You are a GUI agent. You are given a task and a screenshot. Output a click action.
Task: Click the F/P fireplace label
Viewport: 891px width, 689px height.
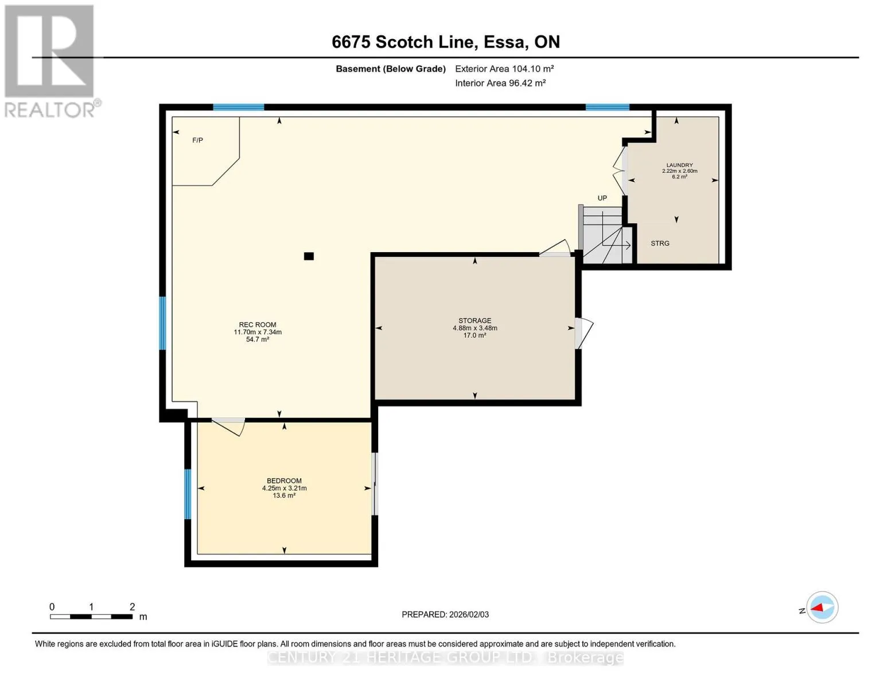point(197,140)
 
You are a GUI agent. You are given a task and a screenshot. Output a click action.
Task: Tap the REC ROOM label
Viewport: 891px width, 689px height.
point(258,324)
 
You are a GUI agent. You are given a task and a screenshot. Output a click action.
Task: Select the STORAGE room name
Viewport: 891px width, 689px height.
point(475,320)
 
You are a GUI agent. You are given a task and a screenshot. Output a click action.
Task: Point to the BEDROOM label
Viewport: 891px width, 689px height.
point(284,481)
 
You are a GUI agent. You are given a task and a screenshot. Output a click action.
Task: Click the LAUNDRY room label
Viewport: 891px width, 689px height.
point(679,165)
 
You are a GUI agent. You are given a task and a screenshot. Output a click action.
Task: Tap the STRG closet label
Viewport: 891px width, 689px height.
point(660,243)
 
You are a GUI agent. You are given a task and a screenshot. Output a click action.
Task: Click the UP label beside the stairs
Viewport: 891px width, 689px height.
point(602,198)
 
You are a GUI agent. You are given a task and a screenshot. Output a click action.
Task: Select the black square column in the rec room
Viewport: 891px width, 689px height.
point(309,256)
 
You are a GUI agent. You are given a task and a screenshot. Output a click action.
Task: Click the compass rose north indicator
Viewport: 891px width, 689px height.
point(822,607)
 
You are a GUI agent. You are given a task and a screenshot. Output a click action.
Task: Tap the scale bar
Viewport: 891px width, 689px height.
point(91,617)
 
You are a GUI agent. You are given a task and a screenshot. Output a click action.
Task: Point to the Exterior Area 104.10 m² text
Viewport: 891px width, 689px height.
point(504,69)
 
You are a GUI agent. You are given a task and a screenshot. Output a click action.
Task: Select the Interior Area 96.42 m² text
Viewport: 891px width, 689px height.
point(500,83)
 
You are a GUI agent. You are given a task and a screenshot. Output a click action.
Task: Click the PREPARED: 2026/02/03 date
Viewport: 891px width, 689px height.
point(445,614)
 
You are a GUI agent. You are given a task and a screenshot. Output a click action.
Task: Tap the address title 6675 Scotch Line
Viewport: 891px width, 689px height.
point(446,42)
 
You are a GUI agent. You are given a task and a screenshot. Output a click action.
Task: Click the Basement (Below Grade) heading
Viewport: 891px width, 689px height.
point(390,69)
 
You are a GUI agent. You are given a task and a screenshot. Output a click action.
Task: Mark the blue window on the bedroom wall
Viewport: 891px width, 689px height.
point(188,494)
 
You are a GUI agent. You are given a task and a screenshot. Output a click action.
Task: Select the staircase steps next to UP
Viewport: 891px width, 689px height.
point(603,235)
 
